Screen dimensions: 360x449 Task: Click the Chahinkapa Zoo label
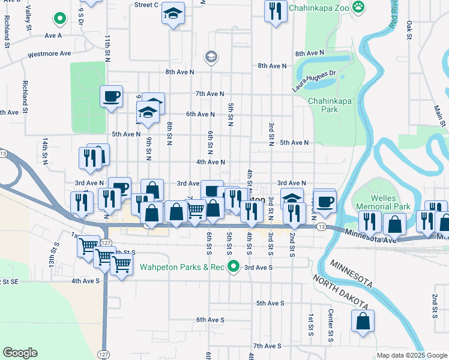318,8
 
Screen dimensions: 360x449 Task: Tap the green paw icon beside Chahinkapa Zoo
358,7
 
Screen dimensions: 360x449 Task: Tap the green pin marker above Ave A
59,19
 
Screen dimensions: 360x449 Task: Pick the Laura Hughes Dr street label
312,79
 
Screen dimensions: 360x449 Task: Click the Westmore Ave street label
49,54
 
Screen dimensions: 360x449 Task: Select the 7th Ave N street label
209,94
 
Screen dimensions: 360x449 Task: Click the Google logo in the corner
20,353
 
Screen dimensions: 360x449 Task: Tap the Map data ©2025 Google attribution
412,355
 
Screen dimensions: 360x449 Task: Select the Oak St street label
409,28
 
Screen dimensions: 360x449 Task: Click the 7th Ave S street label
267,346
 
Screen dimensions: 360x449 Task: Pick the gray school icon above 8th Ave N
210,56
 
